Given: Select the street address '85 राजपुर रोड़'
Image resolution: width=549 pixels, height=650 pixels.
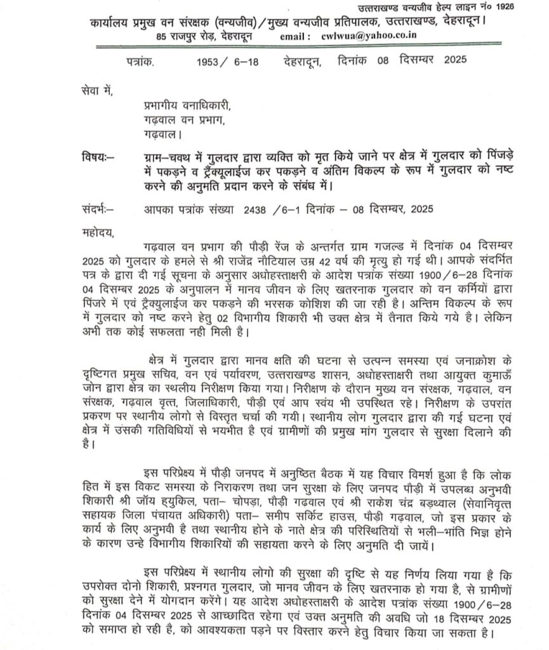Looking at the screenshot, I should click(x=187, y=37).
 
